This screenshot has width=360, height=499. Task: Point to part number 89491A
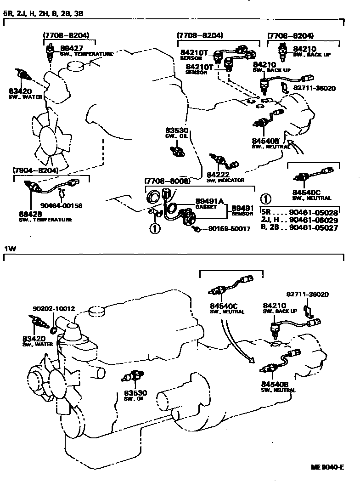point(209,201)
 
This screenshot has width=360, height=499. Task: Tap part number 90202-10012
point(54,309)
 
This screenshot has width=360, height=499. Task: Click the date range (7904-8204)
point(36,170)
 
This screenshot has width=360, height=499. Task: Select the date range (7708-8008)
point(167,181)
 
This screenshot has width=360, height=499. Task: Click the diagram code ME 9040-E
point(327,467)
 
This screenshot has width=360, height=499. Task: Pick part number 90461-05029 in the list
point(314,220)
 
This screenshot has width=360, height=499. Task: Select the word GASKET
point(205,207)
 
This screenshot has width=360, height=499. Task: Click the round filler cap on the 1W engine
point(96,311)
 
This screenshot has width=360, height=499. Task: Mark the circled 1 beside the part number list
point(266,199)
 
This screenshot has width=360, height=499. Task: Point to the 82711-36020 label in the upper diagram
point(314,88)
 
